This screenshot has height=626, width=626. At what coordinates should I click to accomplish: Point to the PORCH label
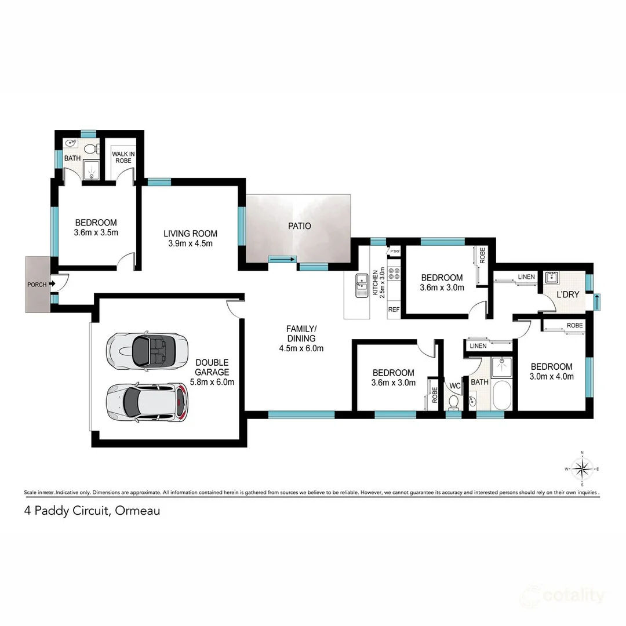(x=37, y=285)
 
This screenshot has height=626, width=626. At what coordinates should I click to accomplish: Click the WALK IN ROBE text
(x=123, y=156)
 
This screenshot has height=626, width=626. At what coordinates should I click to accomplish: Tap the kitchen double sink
(x=362, y=285)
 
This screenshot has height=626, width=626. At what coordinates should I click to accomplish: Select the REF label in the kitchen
(x=394, y=310)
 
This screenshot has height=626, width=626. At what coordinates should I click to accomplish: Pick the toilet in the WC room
(x=454, y=401)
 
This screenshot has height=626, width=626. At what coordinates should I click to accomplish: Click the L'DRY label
(x=567, y=294)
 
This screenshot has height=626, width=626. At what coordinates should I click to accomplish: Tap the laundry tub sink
(x=550, y=276)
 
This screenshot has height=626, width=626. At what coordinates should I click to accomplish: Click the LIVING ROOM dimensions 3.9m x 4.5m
(x=190, y=243)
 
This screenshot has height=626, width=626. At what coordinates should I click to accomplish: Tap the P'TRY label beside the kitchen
(x=395, y=252)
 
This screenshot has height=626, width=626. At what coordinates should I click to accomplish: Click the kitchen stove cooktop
(x=395, y=272)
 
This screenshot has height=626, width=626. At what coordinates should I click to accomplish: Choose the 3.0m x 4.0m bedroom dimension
(x=552, y=376)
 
